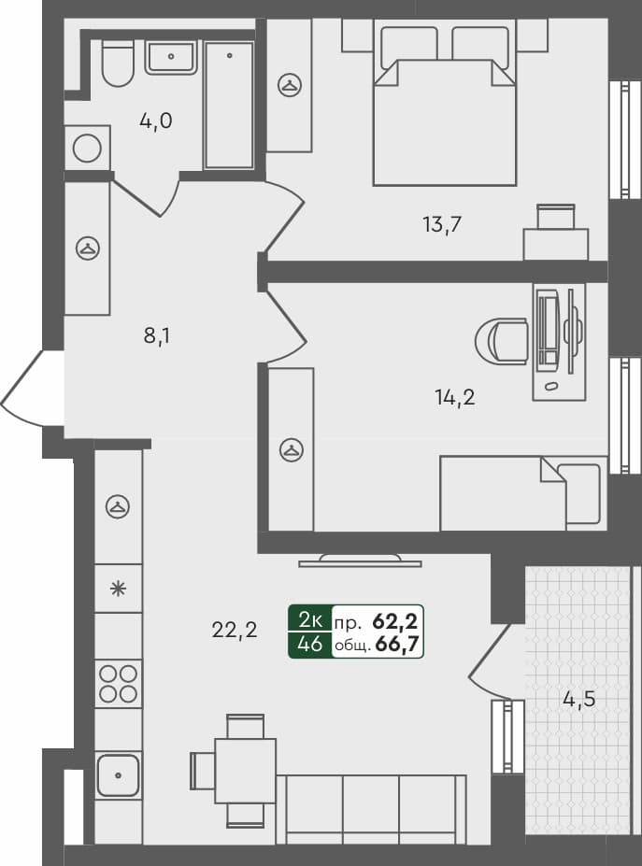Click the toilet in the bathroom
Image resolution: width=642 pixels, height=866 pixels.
118,64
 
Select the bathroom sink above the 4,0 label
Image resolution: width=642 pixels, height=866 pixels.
171,56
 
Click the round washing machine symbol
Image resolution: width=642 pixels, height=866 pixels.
87,149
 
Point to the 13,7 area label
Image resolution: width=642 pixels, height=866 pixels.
443,223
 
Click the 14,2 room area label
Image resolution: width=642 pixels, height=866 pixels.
455,397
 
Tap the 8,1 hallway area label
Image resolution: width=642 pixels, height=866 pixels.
156,335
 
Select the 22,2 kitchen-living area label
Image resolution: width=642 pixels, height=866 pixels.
235,631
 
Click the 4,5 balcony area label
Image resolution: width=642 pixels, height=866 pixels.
579,698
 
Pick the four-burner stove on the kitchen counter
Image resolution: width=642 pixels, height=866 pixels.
119,683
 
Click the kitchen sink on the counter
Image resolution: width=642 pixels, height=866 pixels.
118,774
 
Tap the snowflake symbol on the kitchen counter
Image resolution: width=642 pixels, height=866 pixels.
118,589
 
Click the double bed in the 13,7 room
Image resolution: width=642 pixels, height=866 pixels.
445,112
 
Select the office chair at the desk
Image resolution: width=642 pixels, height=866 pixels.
502,340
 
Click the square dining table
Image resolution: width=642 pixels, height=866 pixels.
245,769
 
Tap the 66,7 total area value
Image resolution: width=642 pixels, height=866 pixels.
395,643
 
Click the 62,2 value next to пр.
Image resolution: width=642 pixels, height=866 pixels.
395,618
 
